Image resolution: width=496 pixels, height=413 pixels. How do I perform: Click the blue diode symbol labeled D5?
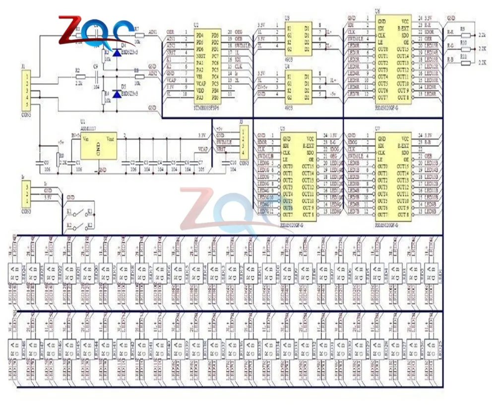point(117,93)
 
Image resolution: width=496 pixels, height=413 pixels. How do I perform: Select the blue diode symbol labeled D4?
point(117,51)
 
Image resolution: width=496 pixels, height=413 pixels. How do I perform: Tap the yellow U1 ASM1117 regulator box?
point(99,146)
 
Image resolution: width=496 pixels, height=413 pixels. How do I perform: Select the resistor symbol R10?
point(464,46)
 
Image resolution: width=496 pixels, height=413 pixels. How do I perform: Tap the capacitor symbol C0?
point(40,161)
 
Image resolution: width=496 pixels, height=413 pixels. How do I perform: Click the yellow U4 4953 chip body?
point(301,87)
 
